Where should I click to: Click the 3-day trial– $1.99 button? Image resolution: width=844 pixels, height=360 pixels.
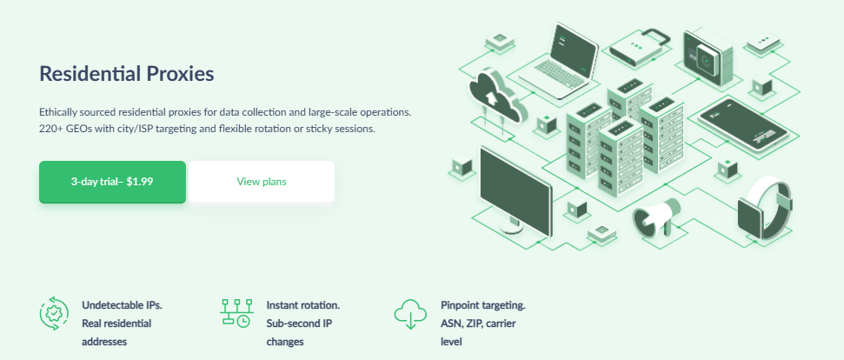(112, 182)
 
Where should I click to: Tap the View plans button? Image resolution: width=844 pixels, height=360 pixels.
(262, 182)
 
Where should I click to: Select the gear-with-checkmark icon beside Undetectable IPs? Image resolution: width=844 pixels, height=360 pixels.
(54, 313)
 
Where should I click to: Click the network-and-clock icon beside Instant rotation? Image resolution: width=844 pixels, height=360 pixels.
(236, 313)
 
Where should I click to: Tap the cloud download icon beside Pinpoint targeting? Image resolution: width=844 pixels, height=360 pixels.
(410, 314)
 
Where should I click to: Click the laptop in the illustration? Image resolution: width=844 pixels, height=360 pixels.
(559, 62)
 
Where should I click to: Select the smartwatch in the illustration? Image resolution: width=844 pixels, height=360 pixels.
(764, 208)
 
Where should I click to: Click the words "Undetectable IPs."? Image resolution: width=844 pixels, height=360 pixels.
(123, 305)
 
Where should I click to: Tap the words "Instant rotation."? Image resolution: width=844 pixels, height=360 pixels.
(303, 305)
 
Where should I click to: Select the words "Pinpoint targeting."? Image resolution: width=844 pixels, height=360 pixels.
(482, 305)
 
